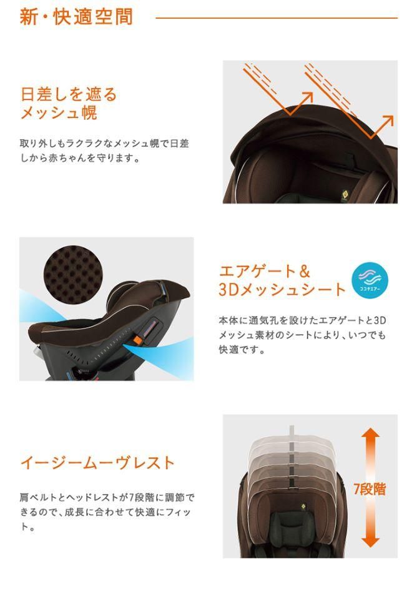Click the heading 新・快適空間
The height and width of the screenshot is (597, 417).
coord(76,16)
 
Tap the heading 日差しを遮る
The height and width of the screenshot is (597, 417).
coord(69,95)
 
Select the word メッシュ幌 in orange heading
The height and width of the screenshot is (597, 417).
coord(59,114)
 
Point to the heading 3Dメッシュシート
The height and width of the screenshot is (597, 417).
coord(282,290)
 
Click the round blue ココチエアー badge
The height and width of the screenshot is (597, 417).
coord(370,280)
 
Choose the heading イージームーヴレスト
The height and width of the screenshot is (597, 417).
coord(97,463)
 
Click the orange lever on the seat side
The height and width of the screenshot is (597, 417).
coord(135,340)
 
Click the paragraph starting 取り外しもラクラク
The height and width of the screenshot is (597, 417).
coord(104,150)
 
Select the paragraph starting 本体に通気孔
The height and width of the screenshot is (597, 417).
coord(302,335)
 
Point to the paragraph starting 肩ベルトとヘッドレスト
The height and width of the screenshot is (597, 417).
coord(106,512)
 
